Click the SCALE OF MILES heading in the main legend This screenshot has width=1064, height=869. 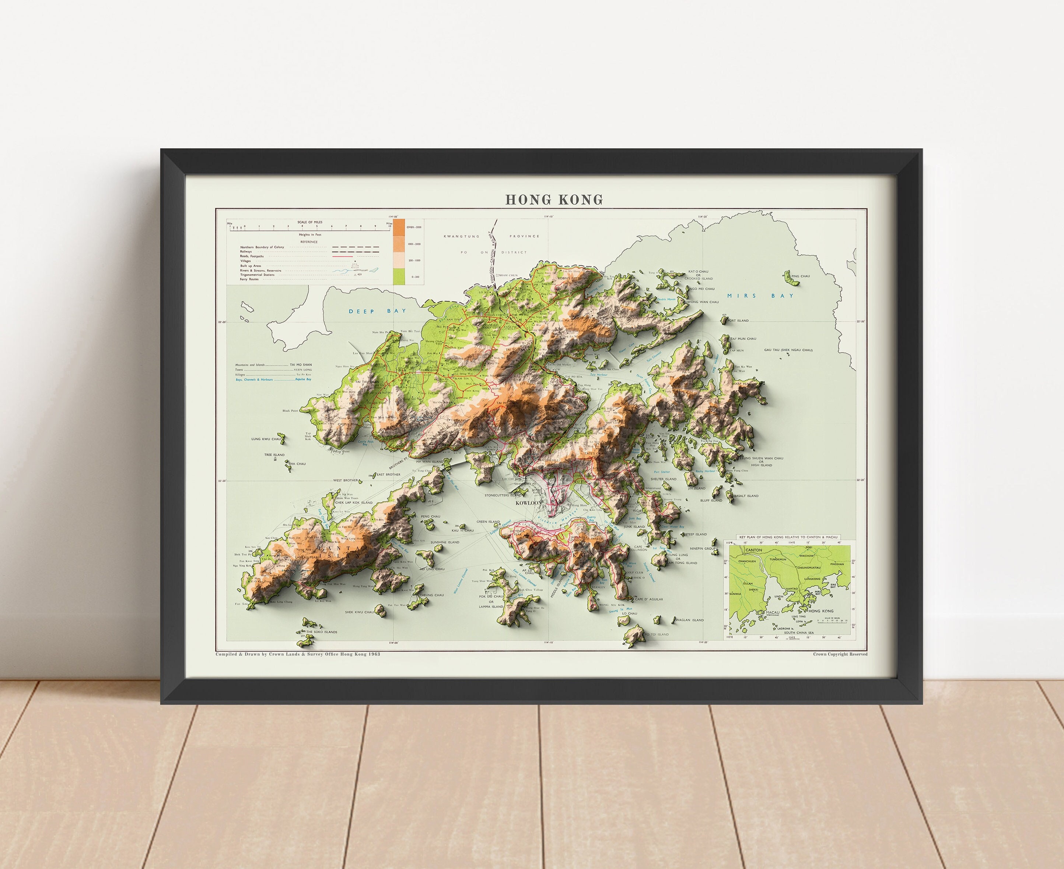(x=309, y=222)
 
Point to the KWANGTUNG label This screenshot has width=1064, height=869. (x=461, y=236)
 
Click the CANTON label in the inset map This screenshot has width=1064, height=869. (x=753, y=550)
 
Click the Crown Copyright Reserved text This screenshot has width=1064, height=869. (x=840, y=654)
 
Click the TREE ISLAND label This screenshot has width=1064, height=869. (x=274, y=455)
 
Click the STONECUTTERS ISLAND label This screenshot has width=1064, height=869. (x=503, y=495)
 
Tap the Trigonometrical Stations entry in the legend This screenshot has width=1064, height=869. (x=257, y=275)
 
